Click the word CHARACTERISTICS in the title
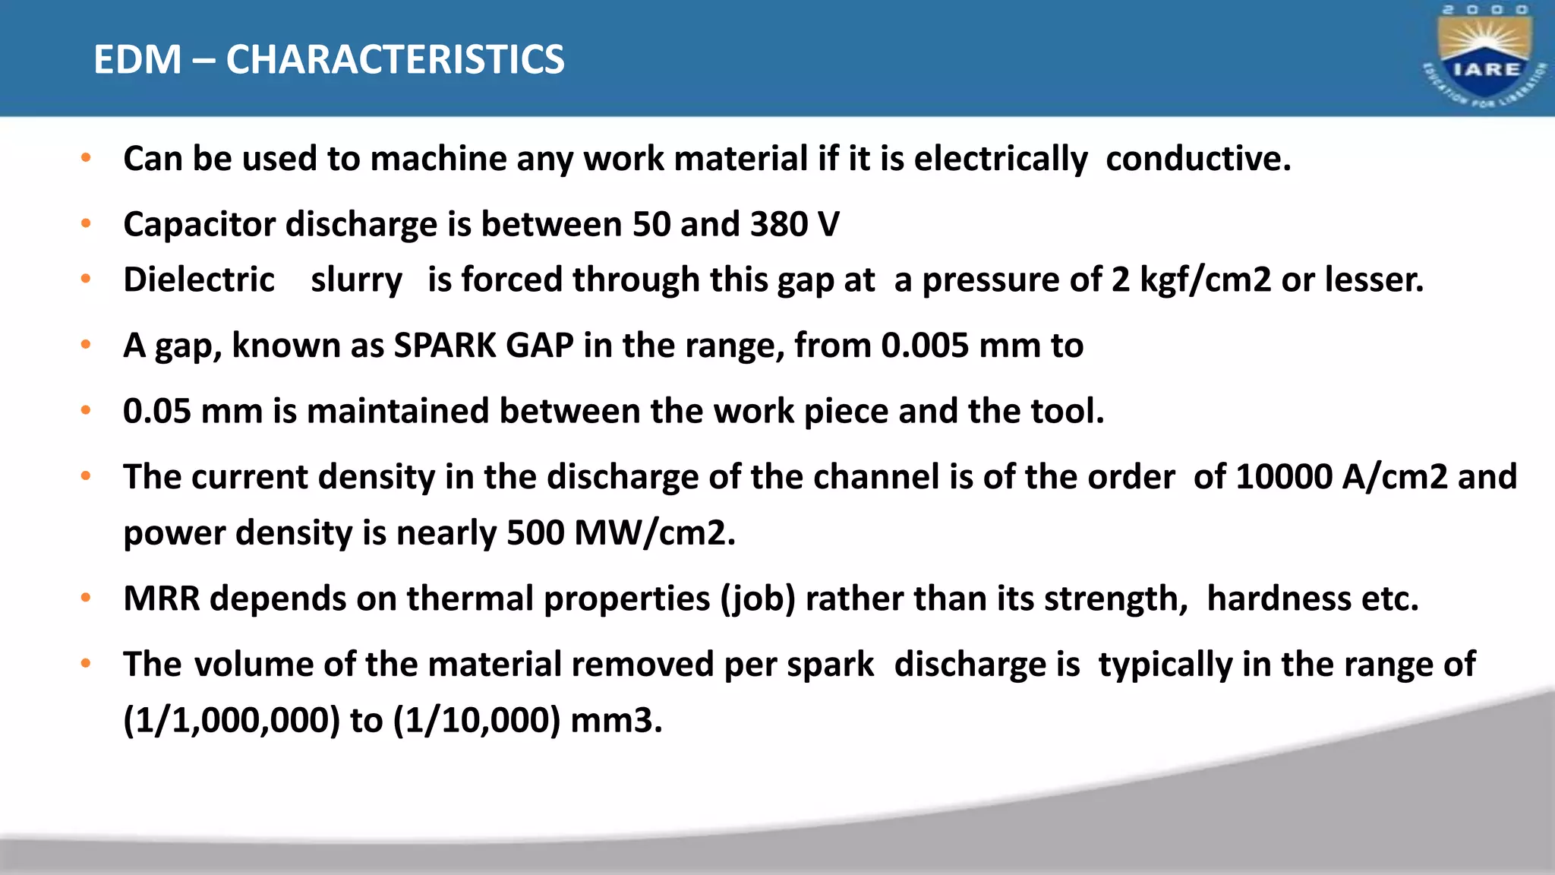click(x=395, y=59)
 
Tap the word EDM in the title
click(x=137, y=59)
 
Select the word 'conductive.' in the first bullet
click(x=1198, y=159)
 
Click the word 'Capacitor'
click(x=199, y=225)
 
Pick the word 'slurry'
click(x=356, y=280)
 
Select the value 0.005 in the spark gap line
click(x=925, y=346)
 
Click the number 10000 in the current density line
click(x=1284, y=477)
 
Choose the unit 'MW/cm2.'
click(x=655, y=532)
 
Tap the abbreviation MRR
click(x=162, y=599)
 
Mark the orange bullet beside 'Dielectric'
click(x=86, y=279)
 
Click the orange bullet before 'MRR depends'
click(x=86, y=598)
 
